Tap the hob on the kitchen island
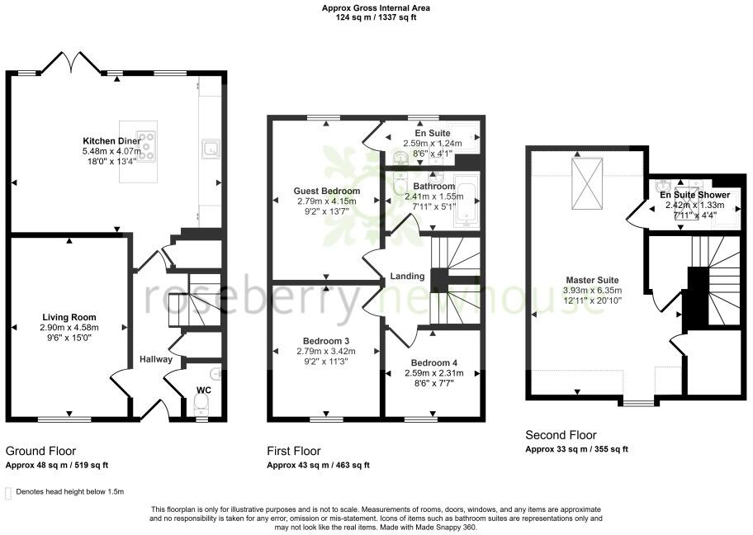[x=146, y=146]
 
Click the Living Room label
[x=69, y=317]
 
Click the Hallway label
[x=155, y=359]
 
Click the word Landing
[x=408, y=276]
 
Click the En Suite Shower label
[x=694, y=195]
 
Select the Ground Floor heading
[x=40, y=451]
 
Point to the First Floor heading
[x=293, y=451]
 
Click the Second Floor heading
[x=561, y=435]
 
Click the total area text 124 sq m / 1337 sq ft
[x=376, y=16]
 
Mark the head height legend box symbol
[x=8, y=493]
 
